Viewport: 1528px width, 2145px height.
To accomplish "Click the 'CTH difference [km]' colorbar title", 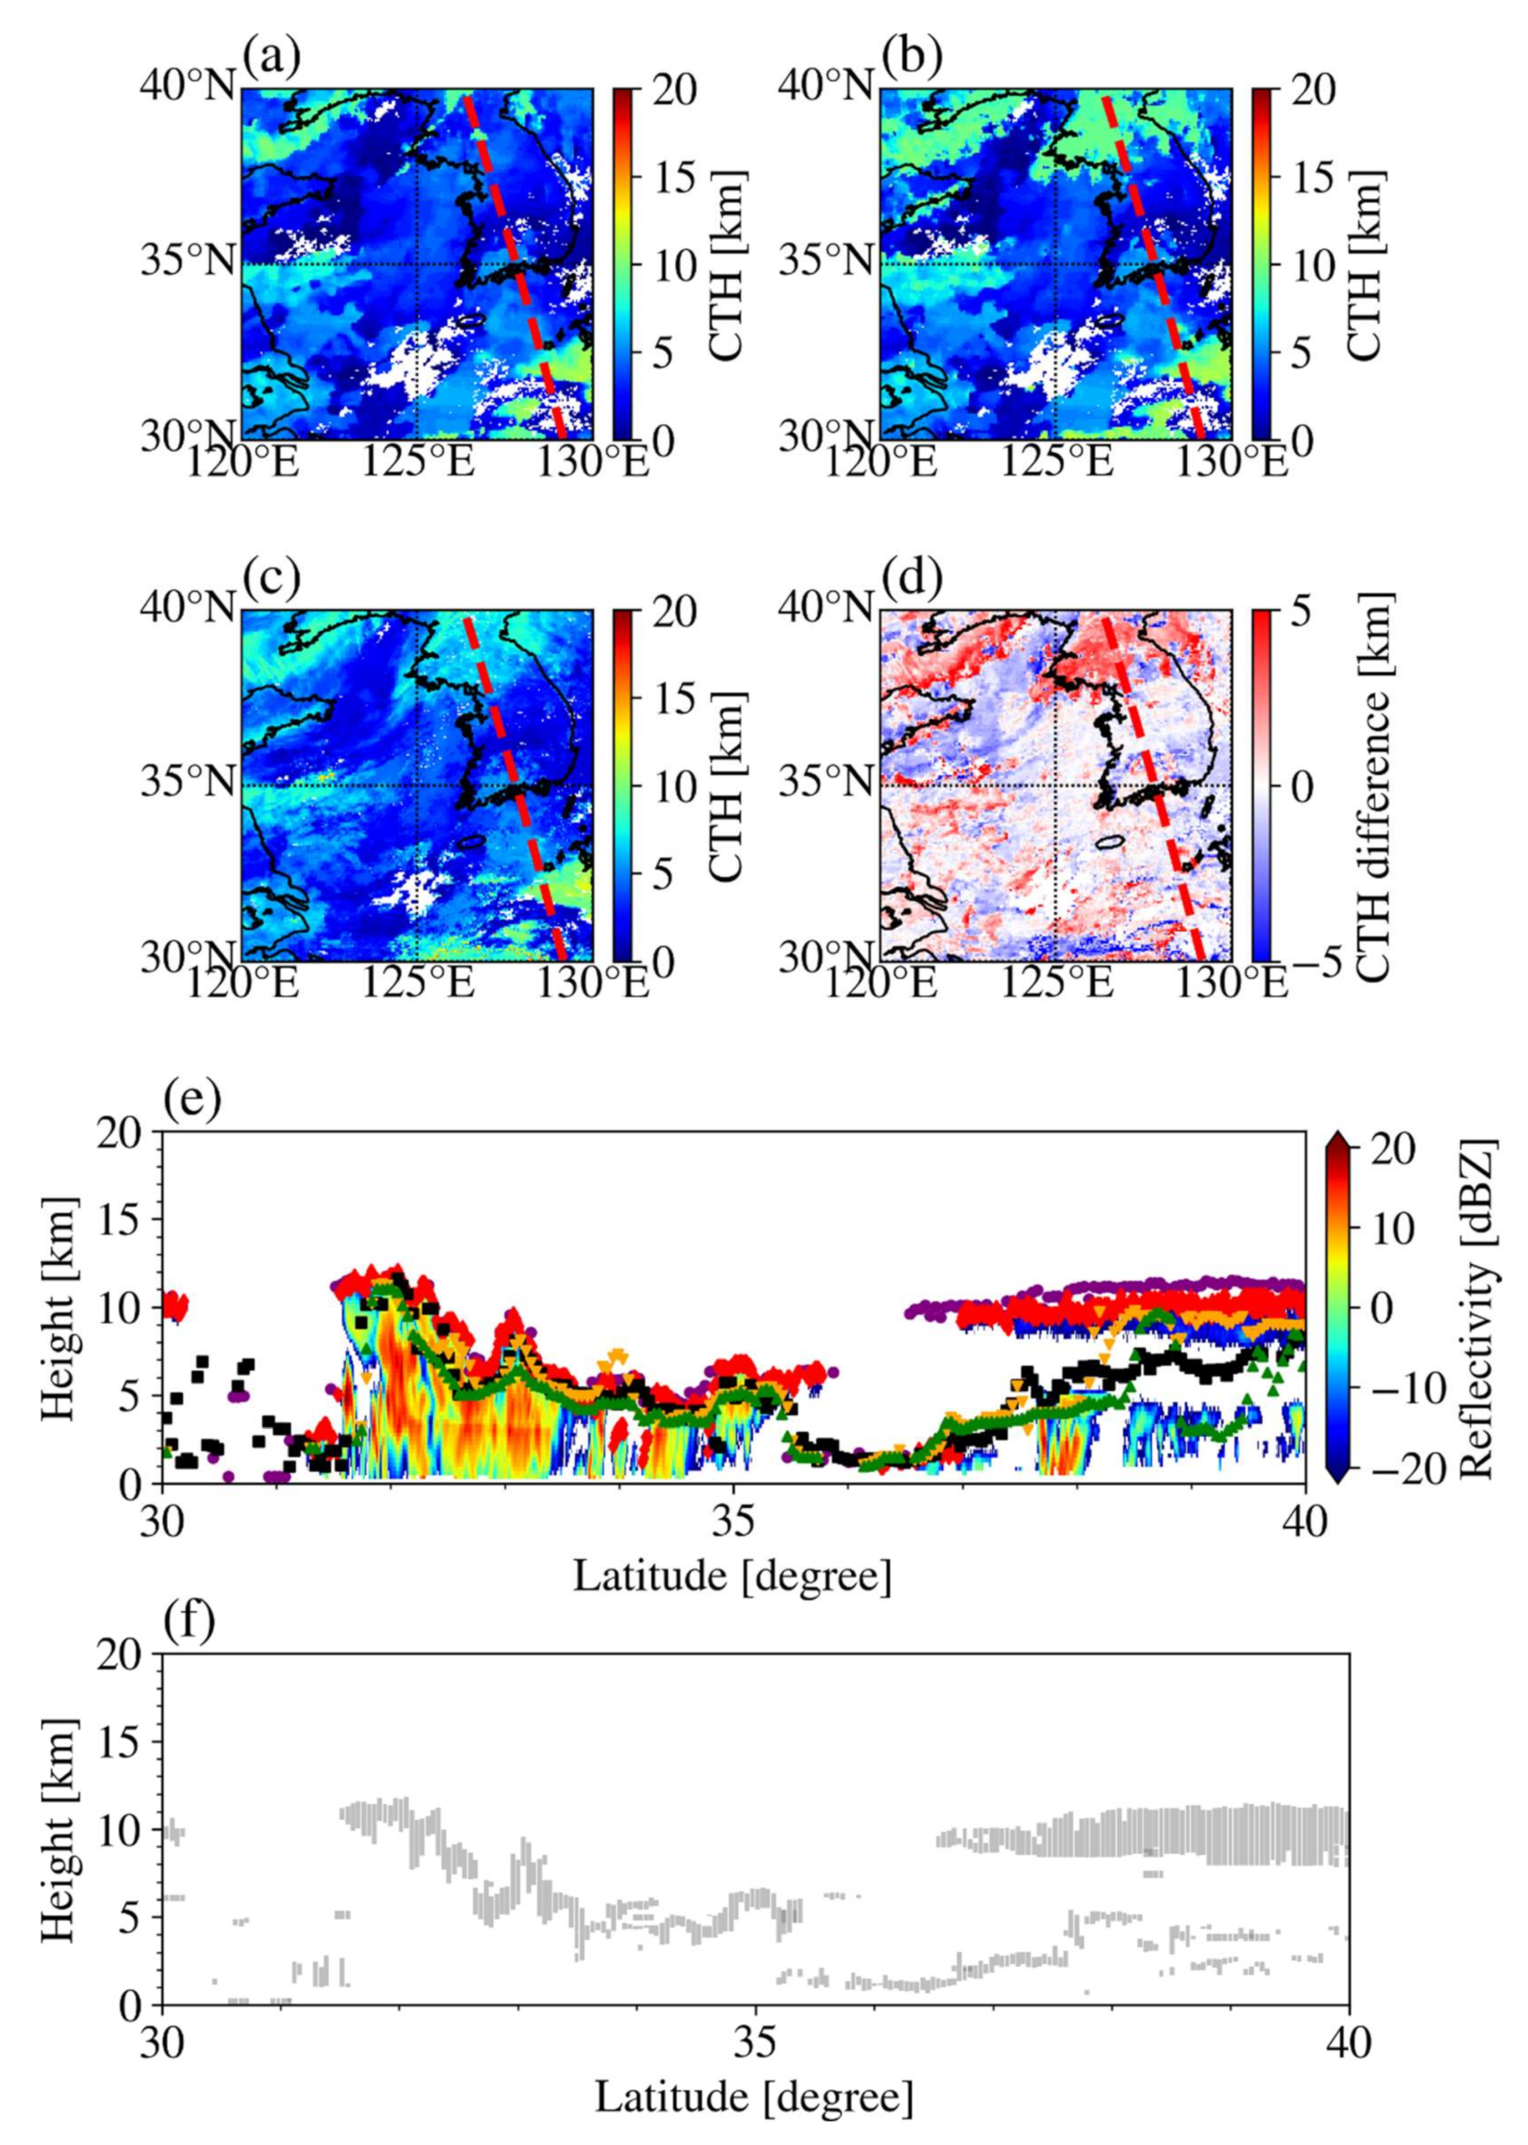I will tap(1374, 787).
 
